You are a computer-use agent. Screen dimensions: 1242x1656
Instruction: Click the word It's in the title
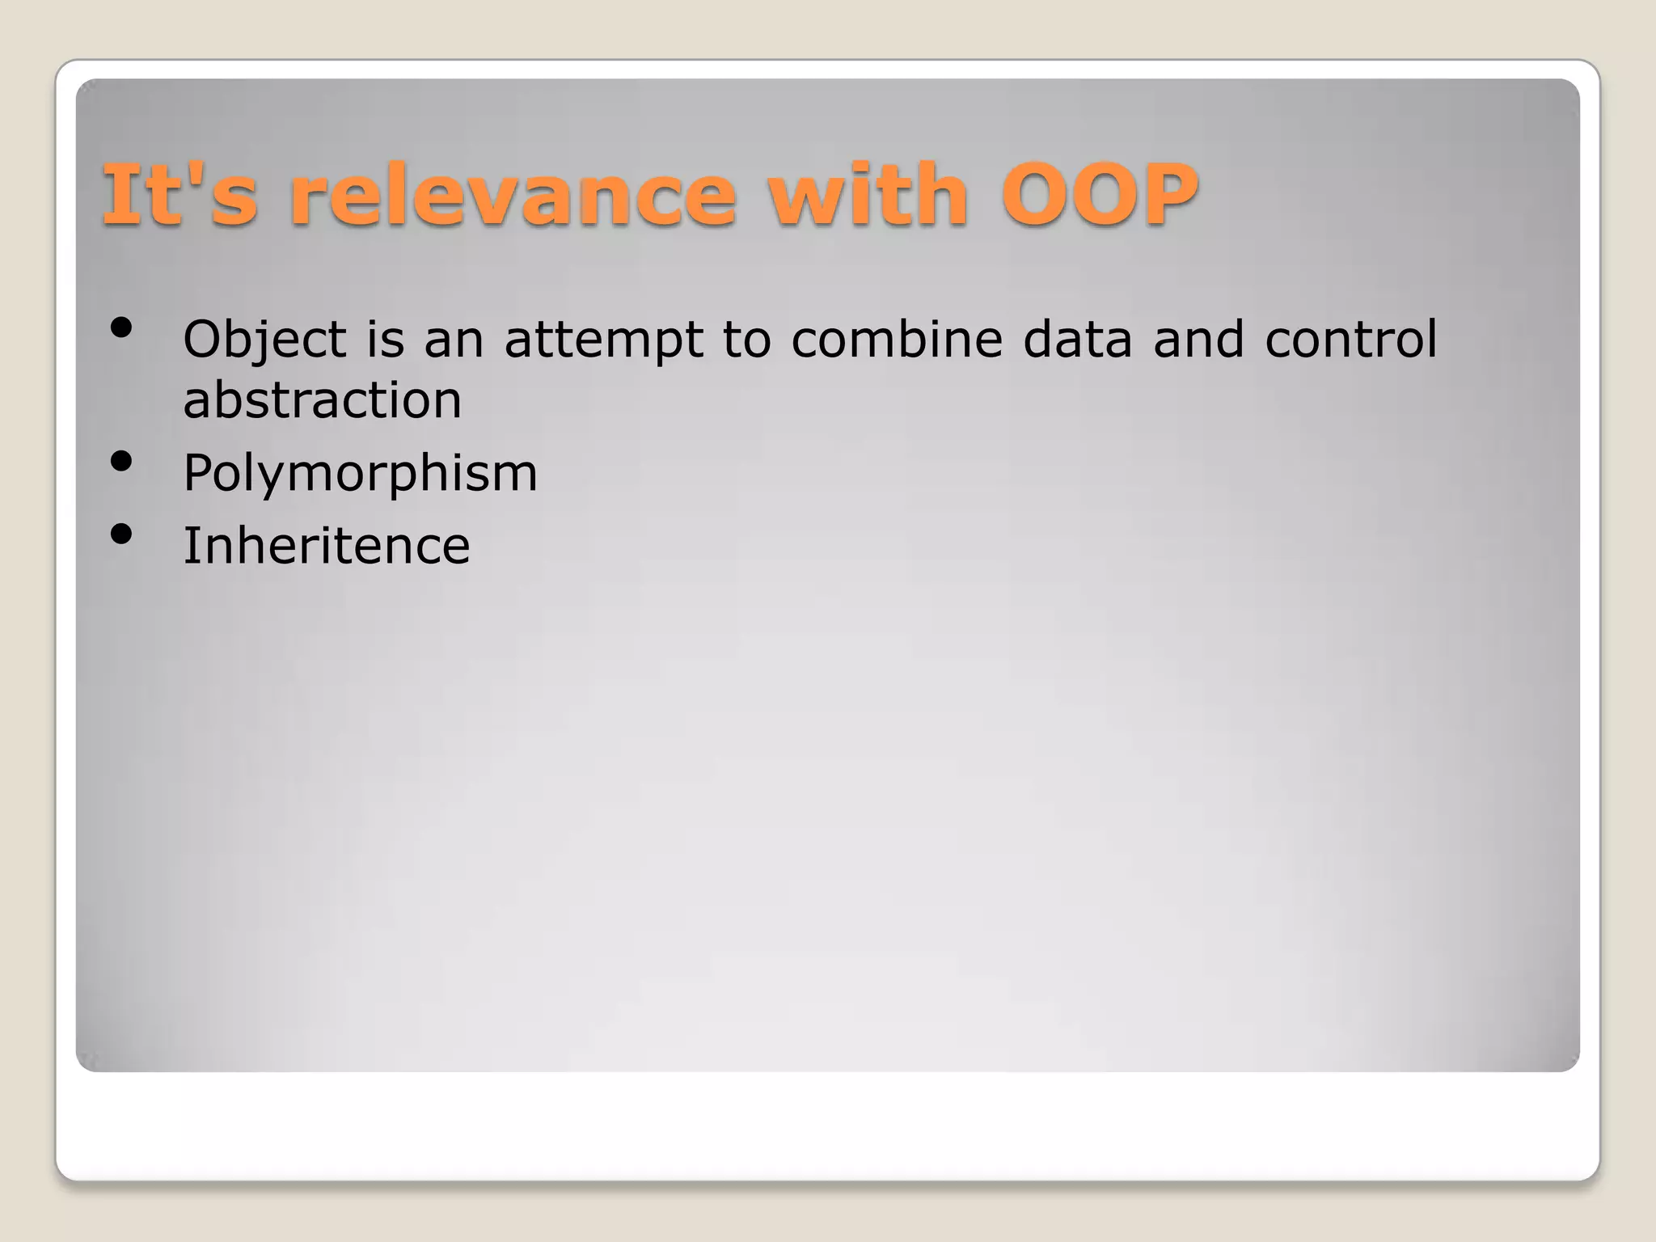pos(180,195)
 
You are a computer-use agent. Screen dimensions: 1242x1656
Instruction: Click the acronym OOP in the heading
pos(1100,195)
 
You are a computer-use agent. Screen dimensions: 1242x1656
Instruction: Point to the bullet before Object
pos(121,328)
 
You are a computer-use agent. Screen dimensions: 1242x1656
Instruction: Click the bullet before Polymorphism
pos(121,462)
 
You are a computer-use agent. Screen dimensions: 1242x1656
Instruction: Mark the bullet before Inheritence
pos(121,534)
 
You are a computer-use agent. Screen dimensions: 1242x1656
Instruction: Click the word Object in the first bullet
pos(264,340)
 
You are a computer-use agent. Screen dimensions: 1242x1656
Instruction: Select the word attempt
pos(603,340)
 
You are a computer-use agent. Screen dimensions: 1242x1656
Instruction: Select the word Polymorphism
pos(360,474)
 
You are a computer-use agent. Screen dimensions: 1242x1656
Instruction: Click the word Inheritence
pos(326,546)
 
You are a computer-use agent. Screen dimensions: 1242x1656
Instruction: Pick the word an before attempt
pos(454,340)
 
